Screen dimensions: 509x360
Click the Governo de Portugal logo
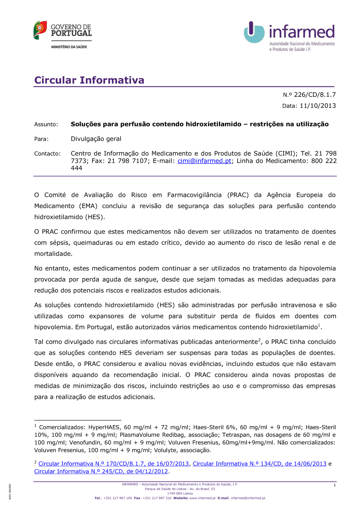tap(63, 30)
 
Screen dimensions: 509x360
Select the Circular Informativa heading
tap(89, 80)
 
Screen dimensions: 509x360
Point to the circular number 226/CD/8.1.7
tap(315, 95)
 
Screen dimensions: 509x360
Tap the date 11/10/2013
tap(318, 106)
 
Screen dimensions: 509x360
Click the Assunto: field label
tap(46, 125)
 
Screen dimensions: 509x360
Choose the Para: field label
tap(41, 139)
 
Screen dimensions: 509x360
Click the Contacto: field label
tap(48, 154)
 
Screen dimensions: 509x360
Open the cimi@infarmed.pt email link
tap(204, 161)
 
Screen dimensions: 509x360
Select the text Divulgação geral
tap(96, 139)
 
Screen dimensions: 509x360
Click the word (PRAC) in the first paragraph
tap(238, 195)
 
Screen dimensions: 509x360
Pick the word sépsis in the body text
tap(60, 243)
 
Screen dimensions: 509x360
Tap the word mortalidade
tap(53, 254)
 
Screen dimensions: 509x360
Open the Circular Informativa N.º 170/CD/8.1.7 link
tap(113, 464)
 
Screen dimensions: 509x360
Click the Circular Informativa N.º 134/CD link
tap(260, 464)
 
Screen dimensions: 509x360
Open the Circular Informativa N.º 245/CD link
tap(101, 472)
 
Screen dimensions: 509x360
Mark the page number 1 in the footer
tap(334, 485)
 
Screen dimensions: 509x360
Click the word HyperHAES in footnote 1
tap(104, 428)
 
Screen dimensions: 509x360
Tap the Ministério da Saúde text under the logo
tap(69, 47)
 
